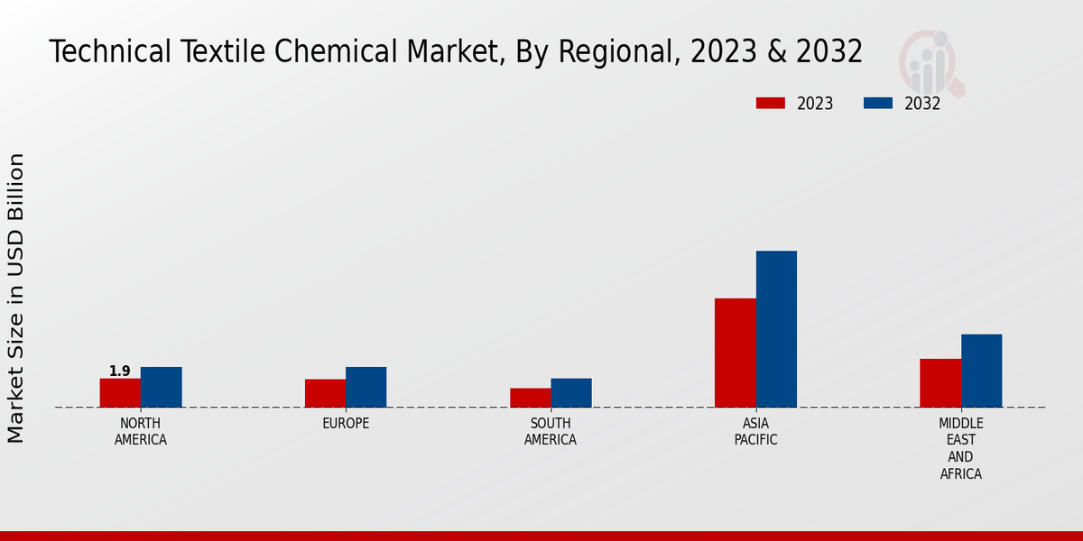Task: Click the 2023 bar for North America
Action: click(x=120, y=393)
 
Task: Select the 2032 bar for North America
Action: click(x=161, y=387)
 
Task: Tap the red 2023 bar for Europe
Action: click(x=325, y=393)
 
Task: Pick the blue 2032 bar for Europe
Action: click(x=366, y=387)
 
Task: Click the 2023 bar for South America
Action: click(x=530, y=398)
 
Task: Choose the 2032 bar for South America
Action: click(x=571, y=393)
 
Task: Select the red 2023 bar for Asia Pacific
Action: click(x=735, y=353)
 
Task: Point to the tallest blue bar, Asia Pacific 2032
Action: click(x=776, y=329)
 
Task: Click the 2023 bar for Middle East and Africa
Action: click(x=940, y=383)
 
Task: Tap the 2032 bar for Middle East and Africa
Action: click(x=981, y=371)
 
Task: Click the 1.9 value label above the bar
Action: click(x=120, y=371)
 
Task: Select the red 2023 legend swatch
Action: click(x=771, y=104)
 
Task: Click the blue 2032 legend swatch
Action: click(x=878, y=104)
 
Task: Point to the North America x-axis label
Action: click(x=141, y=432)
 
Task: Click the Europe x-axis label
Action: click(x=346, y=424)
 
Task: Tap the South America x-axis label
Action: click(x=551, y=432)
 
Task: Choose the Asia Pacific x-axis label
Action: click(x=755, y=432)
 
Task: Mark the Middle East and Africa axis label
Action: click(x=960, y=449)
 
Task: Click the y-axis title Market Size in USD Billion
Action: click(x=16, y=298)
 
